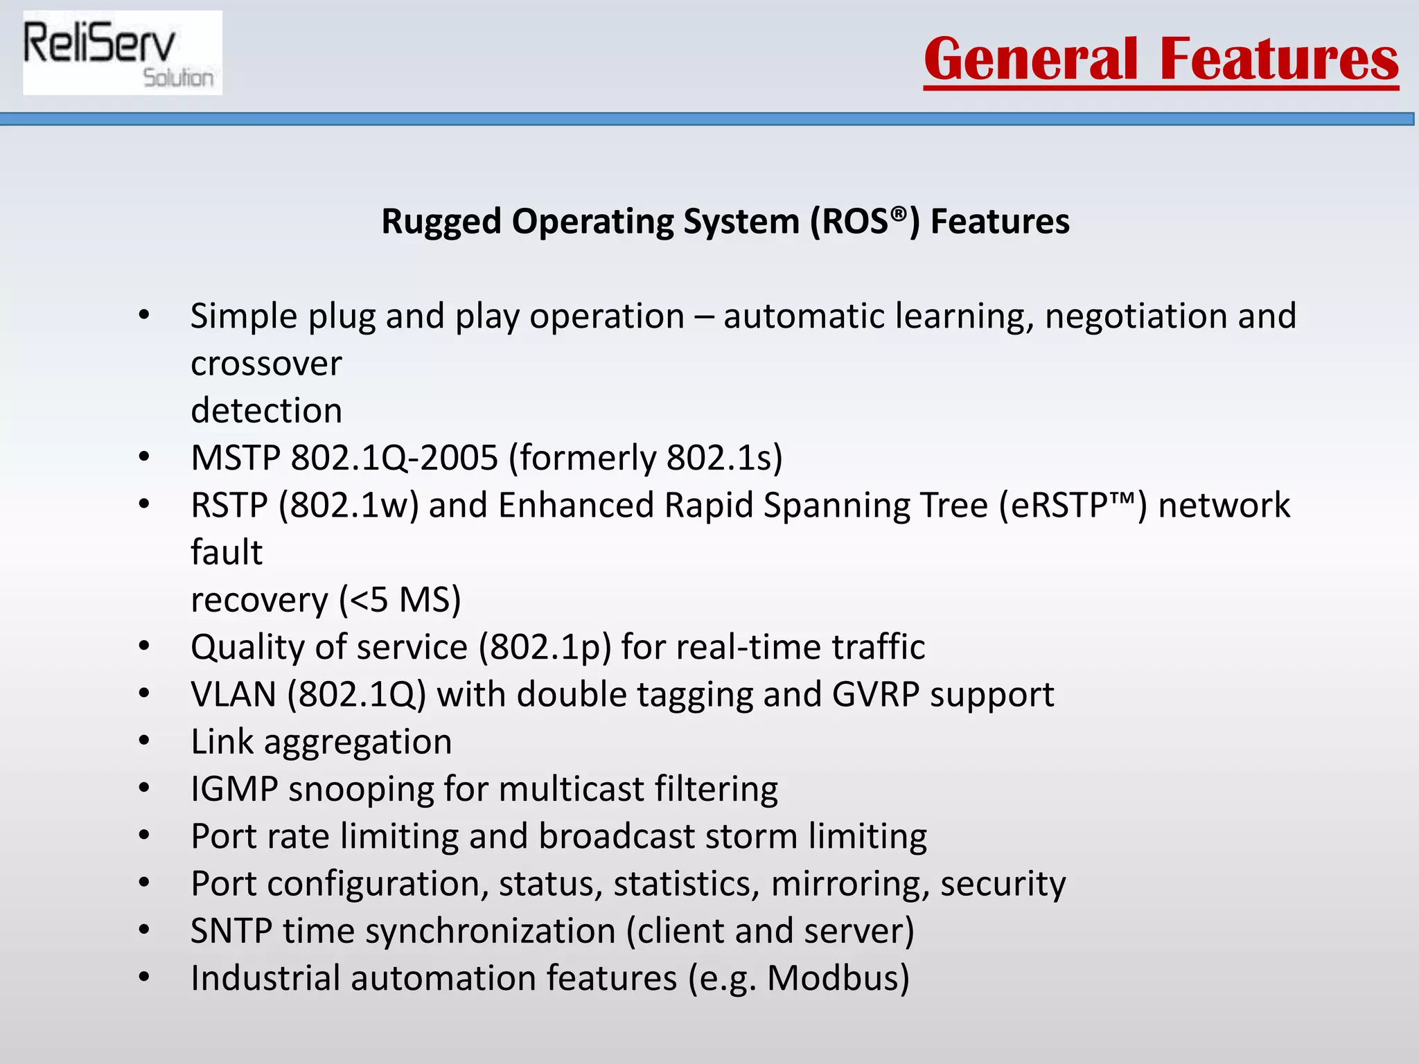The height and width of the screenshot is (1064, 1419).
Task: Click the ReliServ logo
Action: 122,53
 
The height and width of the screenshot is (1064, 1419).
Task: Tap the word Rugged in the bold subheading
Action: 441,222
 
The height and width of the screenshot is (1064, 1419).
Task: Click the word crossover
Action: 266,364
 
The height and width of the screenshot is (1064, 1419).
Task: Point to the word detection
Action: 266,411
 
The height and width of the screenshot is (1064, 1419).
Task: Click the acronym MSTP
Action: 236,458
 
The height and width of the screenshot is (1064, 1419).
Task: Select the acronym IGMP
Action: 234,790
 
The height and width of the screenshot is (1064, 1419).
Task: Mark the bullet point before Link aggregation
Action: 144,741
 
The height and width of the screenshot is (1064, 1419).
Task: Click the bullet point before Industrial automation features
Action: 144,977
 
